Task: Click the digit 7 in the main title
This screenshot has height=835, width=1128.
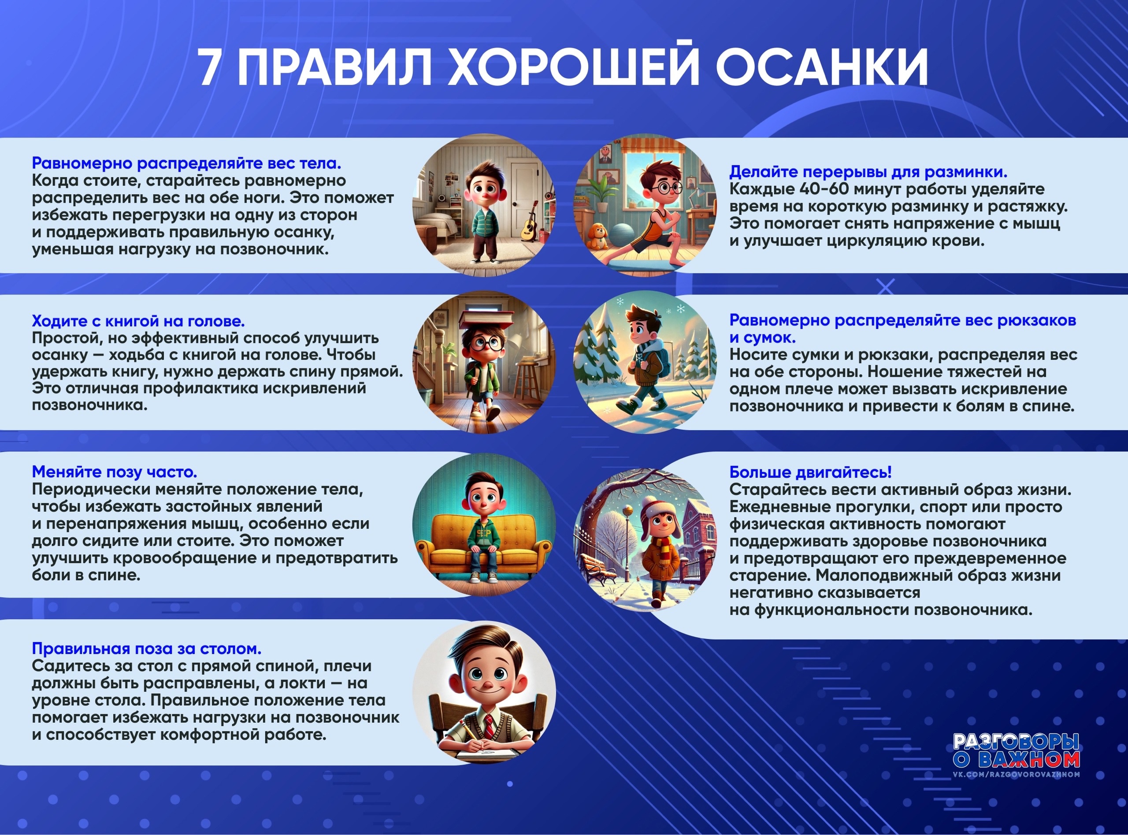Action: (x=212, y=68)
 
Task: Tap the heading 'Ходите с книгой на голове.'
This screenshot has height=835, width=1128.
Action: (x=138, y=321)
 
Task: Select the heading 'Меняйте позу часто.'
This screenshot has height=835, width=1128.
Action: (x=114, y=472)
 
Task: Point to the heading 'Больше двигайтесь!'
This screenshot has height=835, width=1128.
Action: (x=810, y=472)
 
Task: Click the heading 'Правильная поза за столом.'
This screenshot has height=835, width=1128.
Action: (x=147, y=648)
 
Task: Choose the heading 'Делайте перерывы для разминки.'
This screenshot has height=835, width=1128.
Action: (x=868, y=172)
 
